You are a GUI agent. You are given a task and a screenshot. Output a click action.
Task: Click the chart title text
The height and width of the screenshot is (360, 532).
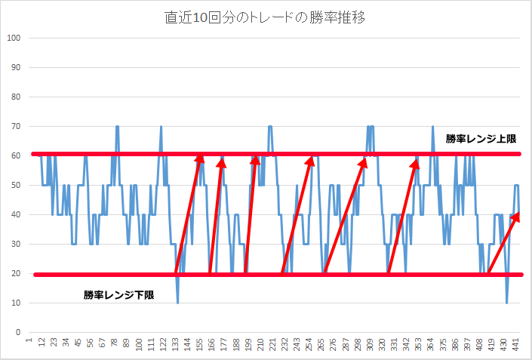pos(266,17)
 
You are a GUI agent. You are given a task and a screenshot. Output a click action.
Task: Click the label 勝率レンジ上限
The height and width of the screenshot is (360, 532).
pos(480,139)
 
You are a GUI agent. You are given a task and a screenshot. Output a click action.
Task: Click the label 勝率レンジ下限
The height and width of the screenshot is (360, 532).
pos(118,295)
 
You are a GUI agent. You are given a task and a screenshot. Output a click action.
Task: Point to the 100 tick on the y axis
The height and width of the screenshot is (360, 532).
pos(13,38)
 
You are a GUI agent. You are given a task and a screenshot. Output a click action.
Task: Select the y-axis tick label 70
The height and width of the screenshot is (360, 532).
pos(14,127)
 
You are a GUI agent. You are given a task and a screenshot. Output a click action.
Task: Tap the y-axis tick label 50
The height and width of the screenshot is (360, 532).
pos(14,186)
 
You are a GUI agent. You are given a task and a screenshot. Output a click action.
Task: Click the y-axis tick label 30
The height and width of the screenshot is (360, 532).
pos(14,245)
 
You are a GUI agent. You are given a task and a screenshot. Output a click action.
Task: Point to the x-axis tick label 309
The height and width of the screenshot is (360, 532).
pos(370,345)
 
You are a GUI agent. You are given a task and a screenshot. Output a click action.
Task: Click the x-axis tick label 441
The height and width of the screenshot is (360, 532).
pos(517,345)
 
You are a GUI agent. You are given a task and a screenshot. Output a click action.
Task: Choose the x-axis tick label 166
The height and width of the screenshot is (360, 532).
pos(212,345)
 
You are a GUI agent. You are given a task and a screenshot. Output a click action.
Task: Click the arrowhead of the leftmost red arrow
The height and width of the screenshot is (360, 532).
pos(199,157)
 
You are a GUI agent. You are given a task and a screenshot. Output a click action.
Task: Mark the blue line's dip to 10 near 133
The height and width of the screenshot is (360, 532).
pos(178,302)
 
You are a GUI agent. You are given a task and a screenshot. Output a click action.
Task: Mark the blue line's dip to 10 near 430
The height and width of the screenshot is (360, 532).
pos(507,302)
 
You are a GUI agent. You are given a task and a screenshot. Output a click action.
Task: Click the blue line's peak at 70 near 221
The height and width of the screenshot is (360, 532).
pos(269,127)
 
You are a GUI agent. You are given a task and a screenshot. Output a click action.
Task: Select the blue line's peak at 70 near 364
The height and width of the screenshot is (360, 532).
pos(432,127)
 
